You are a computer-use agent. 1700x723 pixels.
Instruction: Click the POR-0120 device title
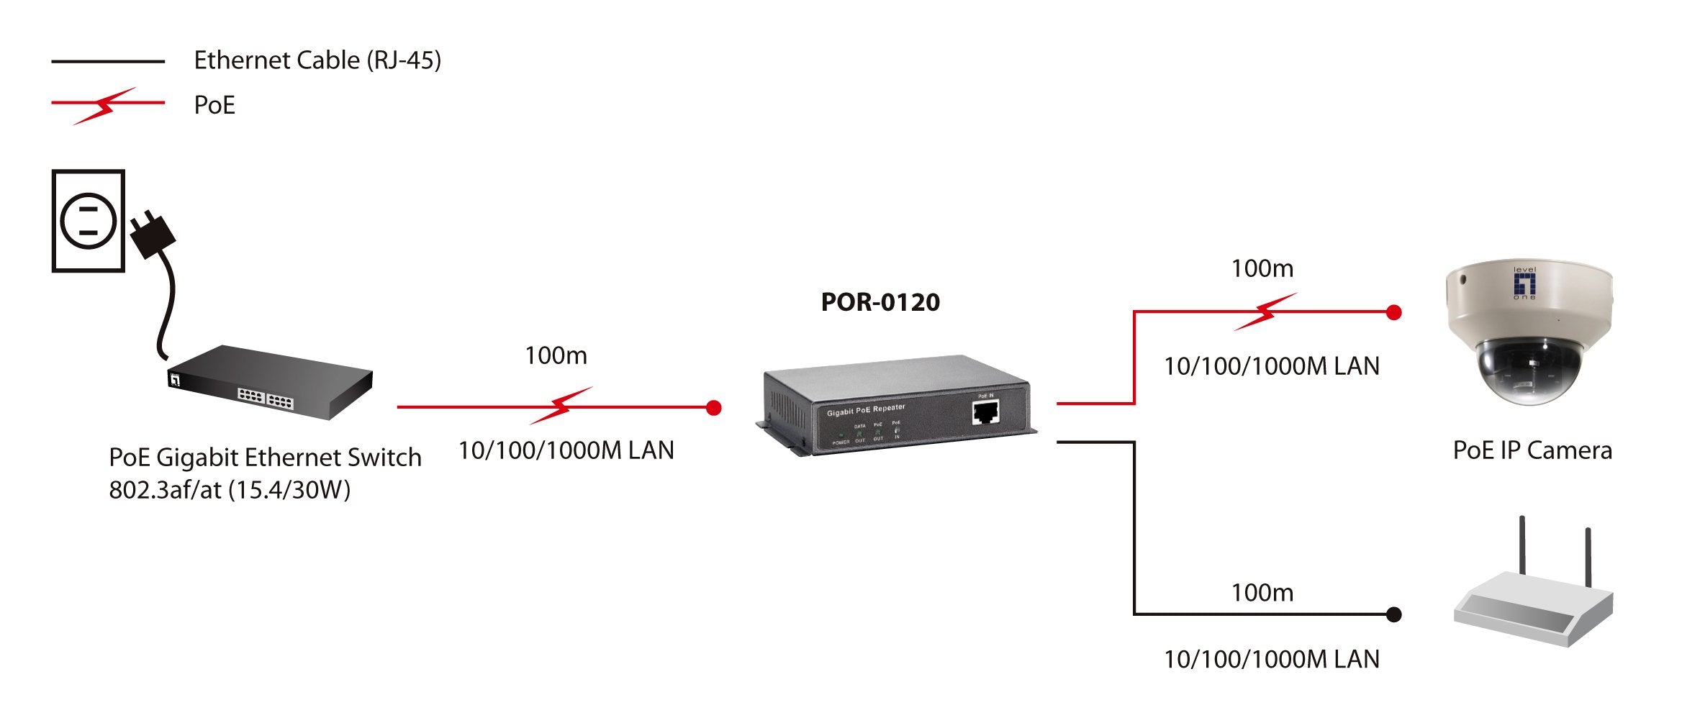(x=880, y=302)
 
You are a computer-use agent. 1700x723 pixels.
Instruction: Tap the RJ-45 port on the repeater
(x=985, y=413)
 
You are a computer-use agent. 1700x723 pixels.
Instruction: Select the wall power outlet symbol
(x=89, y=221)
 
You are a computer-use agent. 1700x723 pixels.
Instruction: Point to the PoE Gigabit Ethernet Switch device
(x=271, y=382)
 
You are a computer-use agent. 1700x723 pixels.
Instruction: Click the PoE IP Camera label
(x=1532, y=451)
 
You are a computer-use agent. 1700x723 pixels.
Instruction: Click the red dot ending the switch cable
(x=713, y=408)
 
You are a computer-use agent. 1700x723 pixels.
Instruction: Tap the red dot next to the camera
(x=1393, y=312)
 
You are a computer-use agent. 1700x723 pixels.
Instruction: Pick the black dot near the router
(x=1393, y=614)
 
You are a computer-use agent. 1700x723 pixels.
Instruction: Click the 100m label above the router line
(x=1262, y=593)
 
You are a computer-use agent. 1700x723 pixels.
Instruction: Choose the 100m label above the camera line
(x=1262, y=268)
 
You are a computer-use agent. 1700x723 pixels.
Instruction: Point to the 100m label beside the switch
(x=556, y=355)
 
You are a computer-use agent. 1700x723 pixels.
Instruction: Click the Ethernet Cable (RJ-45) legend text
(x=317, y=60)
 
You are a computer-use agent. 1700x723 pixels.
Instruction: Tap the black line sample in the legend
(x=108, y=62)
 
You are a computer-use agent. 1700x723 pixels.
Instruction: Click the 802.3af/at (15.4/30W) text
(x=230, y=490)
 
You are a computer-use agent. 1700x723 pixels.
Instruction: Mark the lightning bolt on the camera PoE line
(x=1265, y=312)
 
